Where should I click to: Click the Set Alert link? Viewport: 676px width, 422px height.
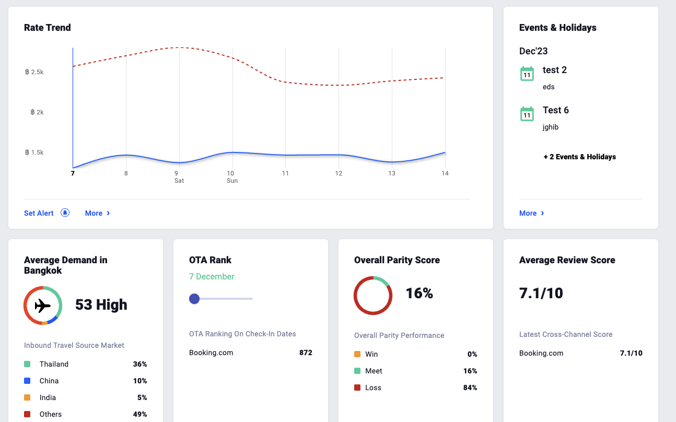[x=39, y=213]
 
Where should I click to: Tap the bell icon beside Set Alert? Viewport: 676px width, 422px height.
[x=65, y=213]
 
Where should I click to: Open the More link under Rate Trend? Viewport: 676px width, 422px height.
[x=97, y=213]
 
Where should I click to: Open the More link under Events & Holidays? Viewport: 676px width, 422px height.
[x=531, y=213]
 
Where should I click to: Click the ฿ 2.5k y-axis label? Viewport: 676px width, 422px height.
[x=34, y=72]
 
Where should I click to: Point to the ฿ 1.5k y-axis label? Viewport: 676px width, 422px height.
[x=34, y=153]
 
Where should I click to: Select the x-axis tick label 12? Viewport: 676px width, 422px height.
[x=339, y=173]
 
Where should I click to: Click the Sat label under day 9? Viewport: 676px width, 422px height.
[x=179, y=181]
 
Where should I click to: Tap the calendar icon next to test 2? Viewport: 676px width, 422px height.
[x=527, y=74]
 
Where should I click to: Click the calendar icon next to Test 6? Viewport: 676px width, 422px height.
[x=527, y=114]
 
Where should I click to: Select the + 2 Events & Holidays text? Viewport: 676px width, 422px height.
[x=580, y=157]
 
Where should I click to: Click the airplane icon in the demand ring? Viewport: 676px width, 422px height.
[x=43, y=306]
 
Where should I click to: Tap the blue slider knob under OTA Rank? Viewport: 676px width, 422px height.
[x=194, y=299]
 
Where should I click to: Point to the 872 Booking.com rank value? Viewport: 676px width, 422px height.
[x=306, y=353]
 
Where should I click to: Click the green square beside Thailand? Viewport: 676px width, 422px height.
[x=27, y=364]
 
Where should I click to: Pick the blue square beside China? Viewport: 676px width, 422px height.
[x=27, y=381]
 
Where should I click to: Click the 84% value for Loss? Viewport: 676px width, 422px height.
[x=470, y=388]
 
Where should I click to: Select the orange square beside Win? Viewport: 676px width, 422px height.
[x=357, y=354]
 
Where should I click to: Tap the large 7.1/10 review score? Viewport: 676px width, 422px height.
[x=541, y=293]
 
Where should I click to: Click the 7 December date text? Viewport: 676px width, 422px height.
[x=212, y=277]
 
